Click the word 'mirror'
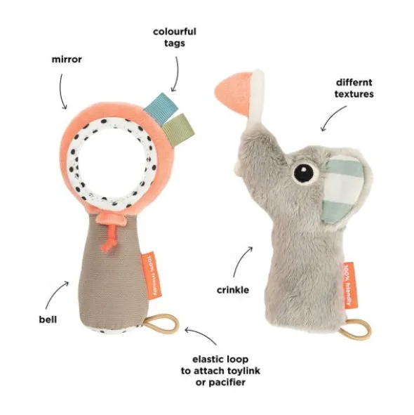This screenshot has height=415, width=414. pyautogui.click(x=67, y=59)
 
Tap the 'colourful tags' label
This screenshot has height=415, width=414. pyautogui.click(x=175, y=37)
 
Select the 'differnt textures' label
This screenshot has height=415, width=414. pyautogui.click(x=354, y=88)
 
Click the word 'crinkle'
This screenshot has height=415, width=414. pyautogui.click(x=233, y=290)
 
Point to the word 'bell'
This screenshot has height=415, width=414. pyautogui.click(x=48, y=320)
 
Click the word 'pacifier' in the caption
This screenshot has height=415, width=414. pyautogui.click(x=220, y=383)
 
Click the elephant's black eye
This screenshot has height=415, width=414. pyautogui.click(x=304, y=173)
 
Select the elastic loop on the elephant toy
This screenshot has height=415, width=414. pyautogui.click(x=355, y=330)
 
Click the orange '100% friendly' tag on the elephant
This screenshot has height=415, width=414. pyautogui.click(x=350, y=285)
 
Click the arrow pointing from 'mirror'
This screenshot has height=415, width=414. pyautogui.click(x=62, y=91)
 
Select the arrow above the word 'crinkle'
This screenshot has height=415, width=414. pyautogui.click(x=240, y=261)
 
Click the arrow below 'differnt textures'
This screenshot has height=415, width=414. pyautogui.click(x=332, y=116)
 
